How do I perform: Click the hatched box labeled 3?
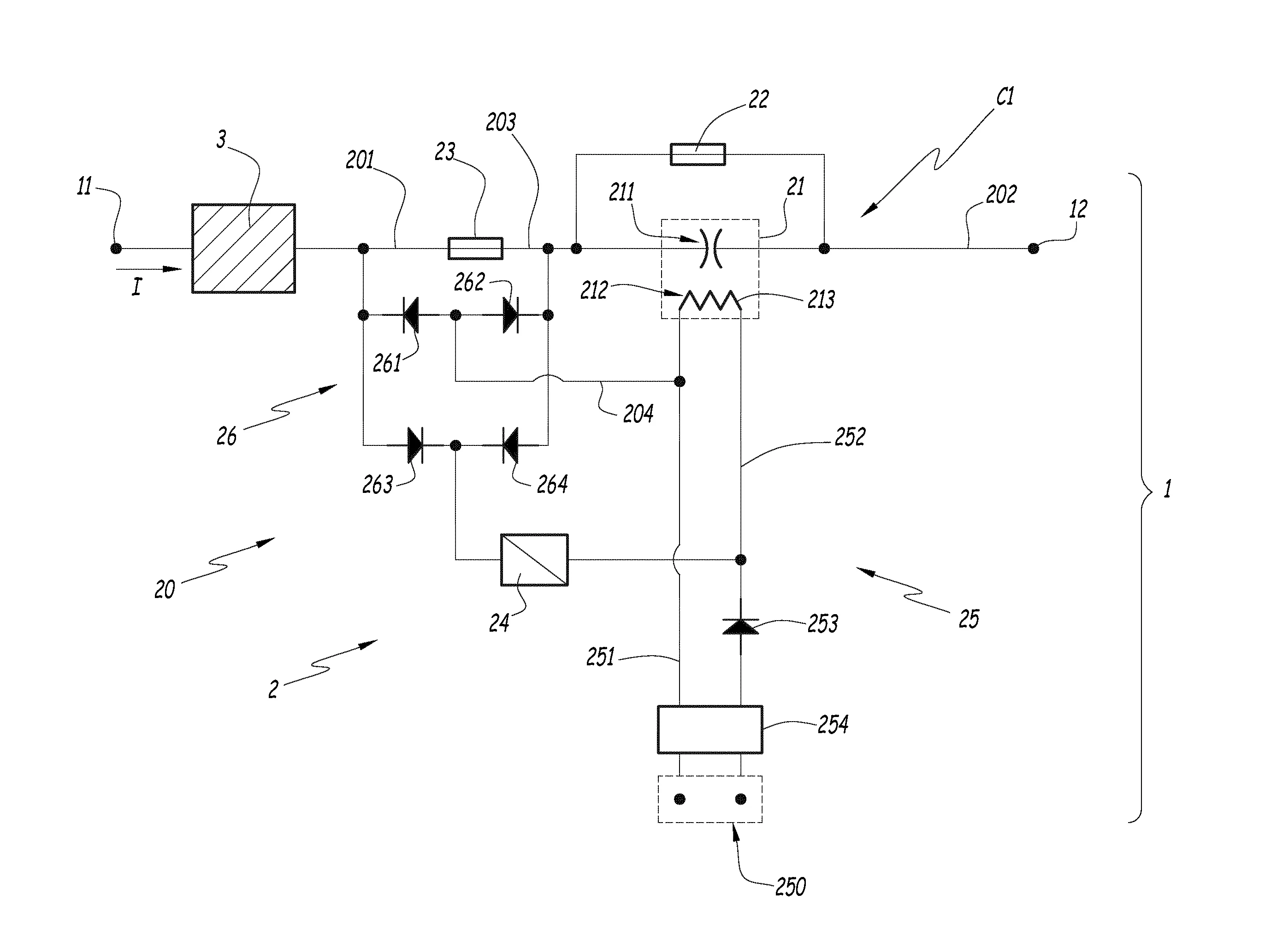click(x=243, y=248)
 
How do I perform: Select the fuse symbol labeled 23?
click(x=475, y=248)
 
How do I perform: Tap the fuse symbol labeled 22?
click(x=698, y=154)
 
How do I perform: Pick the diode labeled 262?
click(x=510, y=315)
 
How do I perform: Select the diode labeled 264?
click(x=510, y=445)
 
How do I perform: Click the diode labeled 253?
click(x=740, y=627)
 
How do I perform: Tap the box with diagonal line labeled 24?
click(x=534, y=560)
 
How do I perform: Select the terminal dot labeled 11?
click(x=116, y=248)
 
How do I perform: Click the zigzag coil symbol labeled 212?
click(x=710, y=301)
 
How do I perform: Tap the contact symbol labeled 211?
click(x=710, y=248)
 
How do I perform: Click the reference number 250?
click(x=790, y=887)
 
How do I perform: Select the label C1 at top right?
click(x=1005, y=97)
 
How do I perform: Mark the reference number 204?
click(x=638, y=414)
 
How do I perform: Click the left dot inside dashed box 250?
click(x=680, y=799)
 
